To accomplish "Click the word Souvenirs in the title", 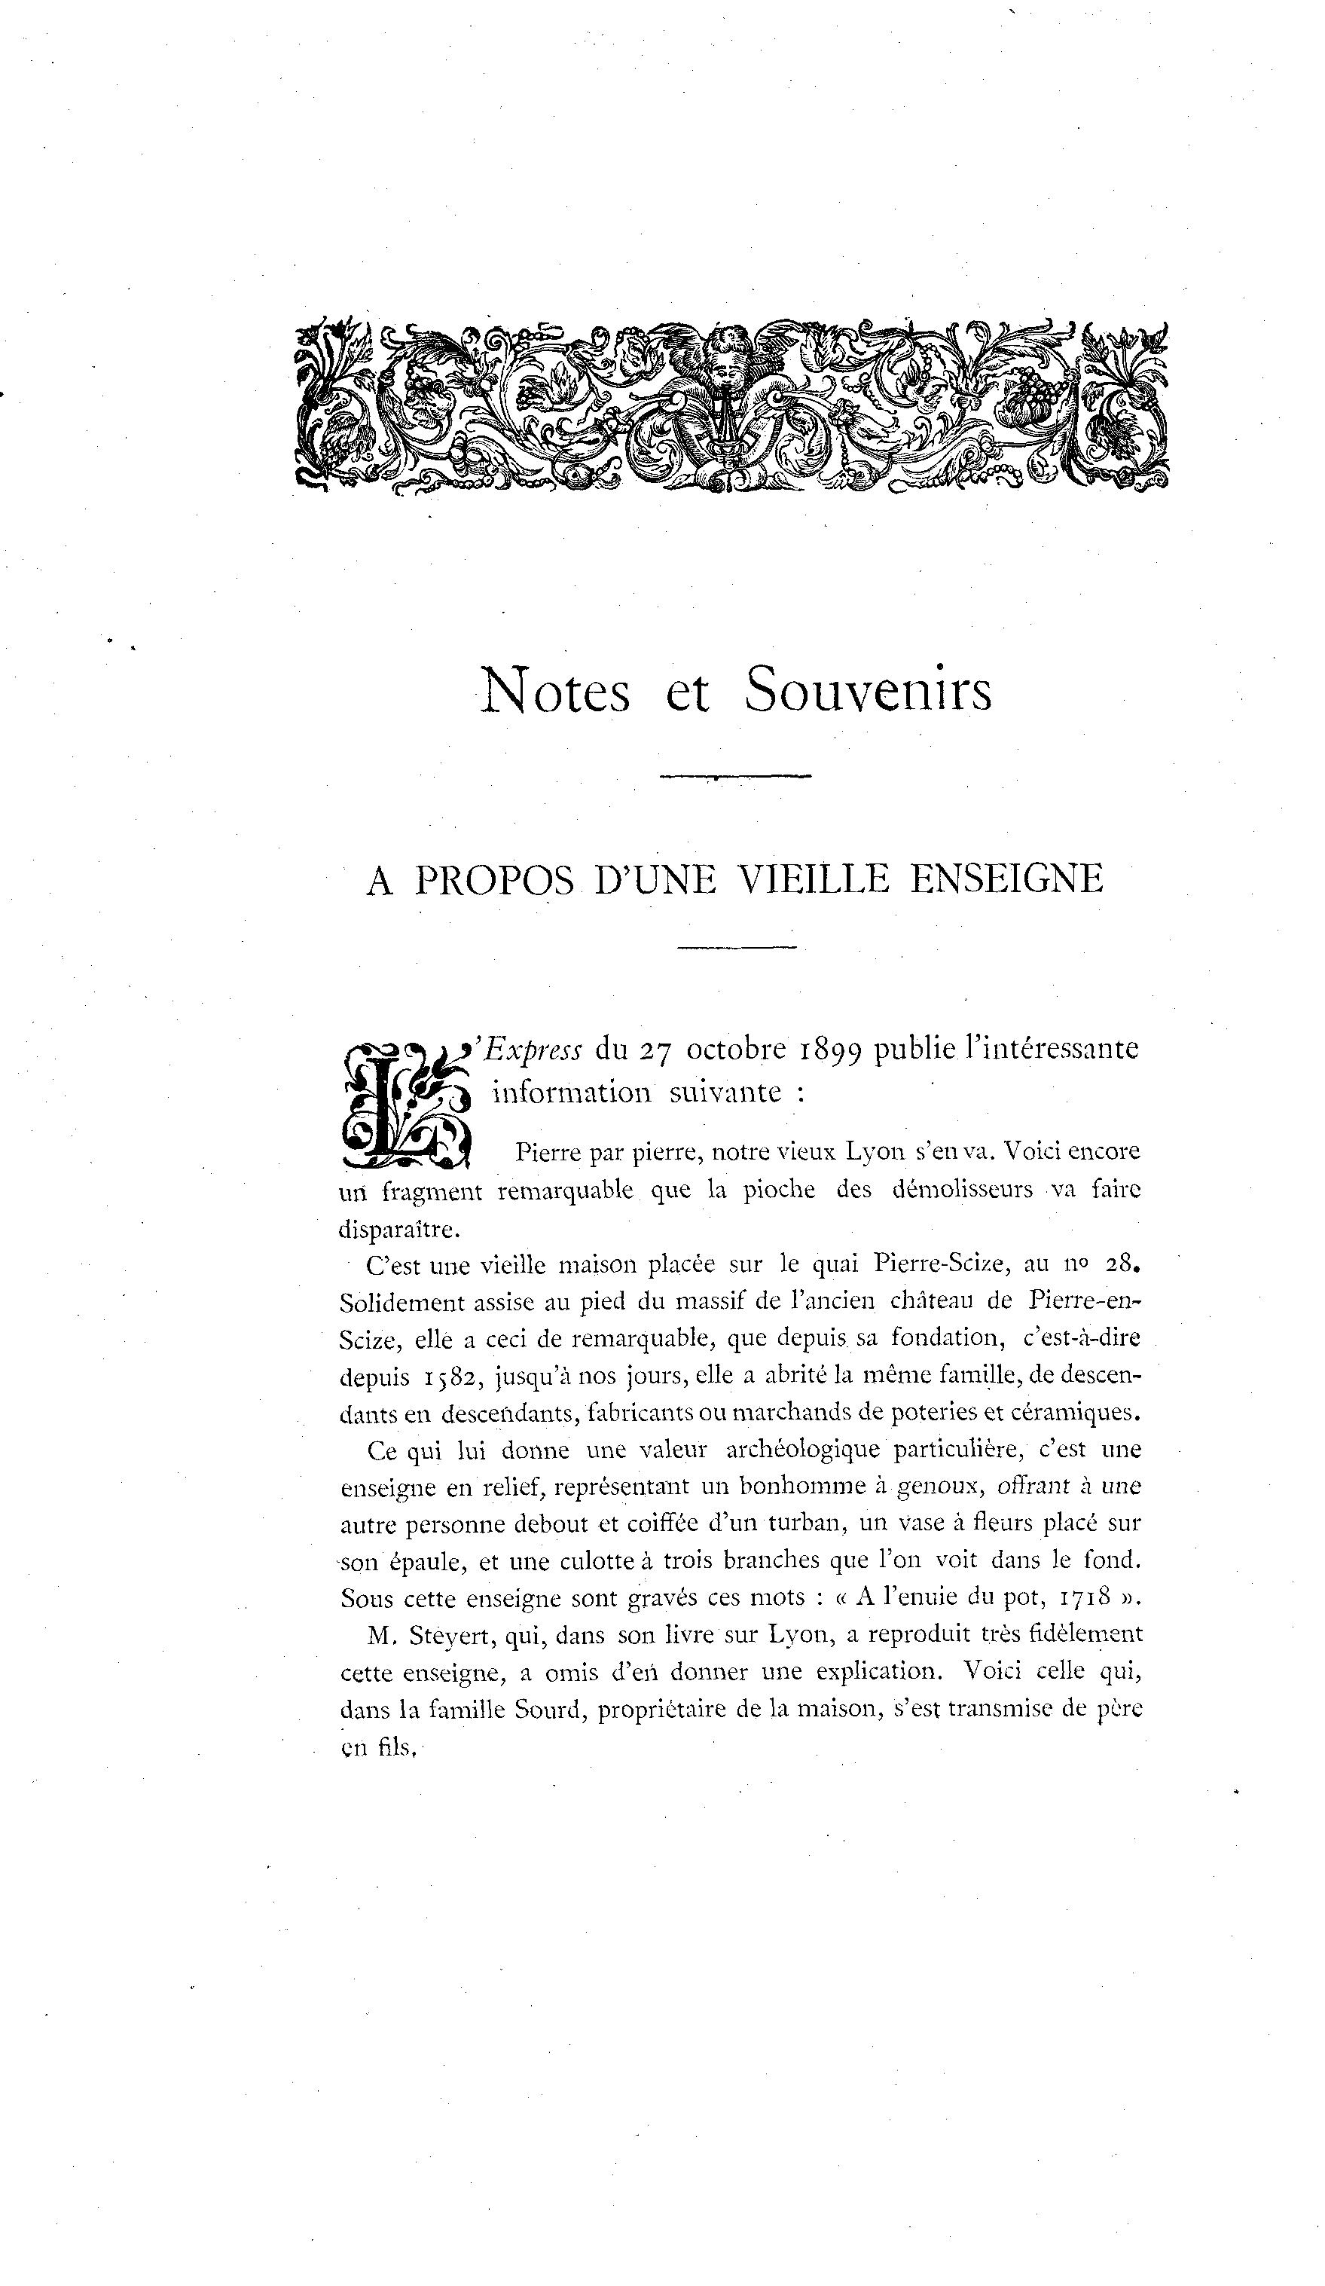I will coord(868,691).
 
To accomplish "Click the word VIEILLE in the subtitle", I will coord(812,878).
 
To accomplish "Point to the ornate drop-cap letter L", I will coord(404,1105).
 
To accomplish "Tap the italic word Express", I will coord(533,1049).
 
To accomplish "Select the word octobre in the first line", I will coord(735,1049).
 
